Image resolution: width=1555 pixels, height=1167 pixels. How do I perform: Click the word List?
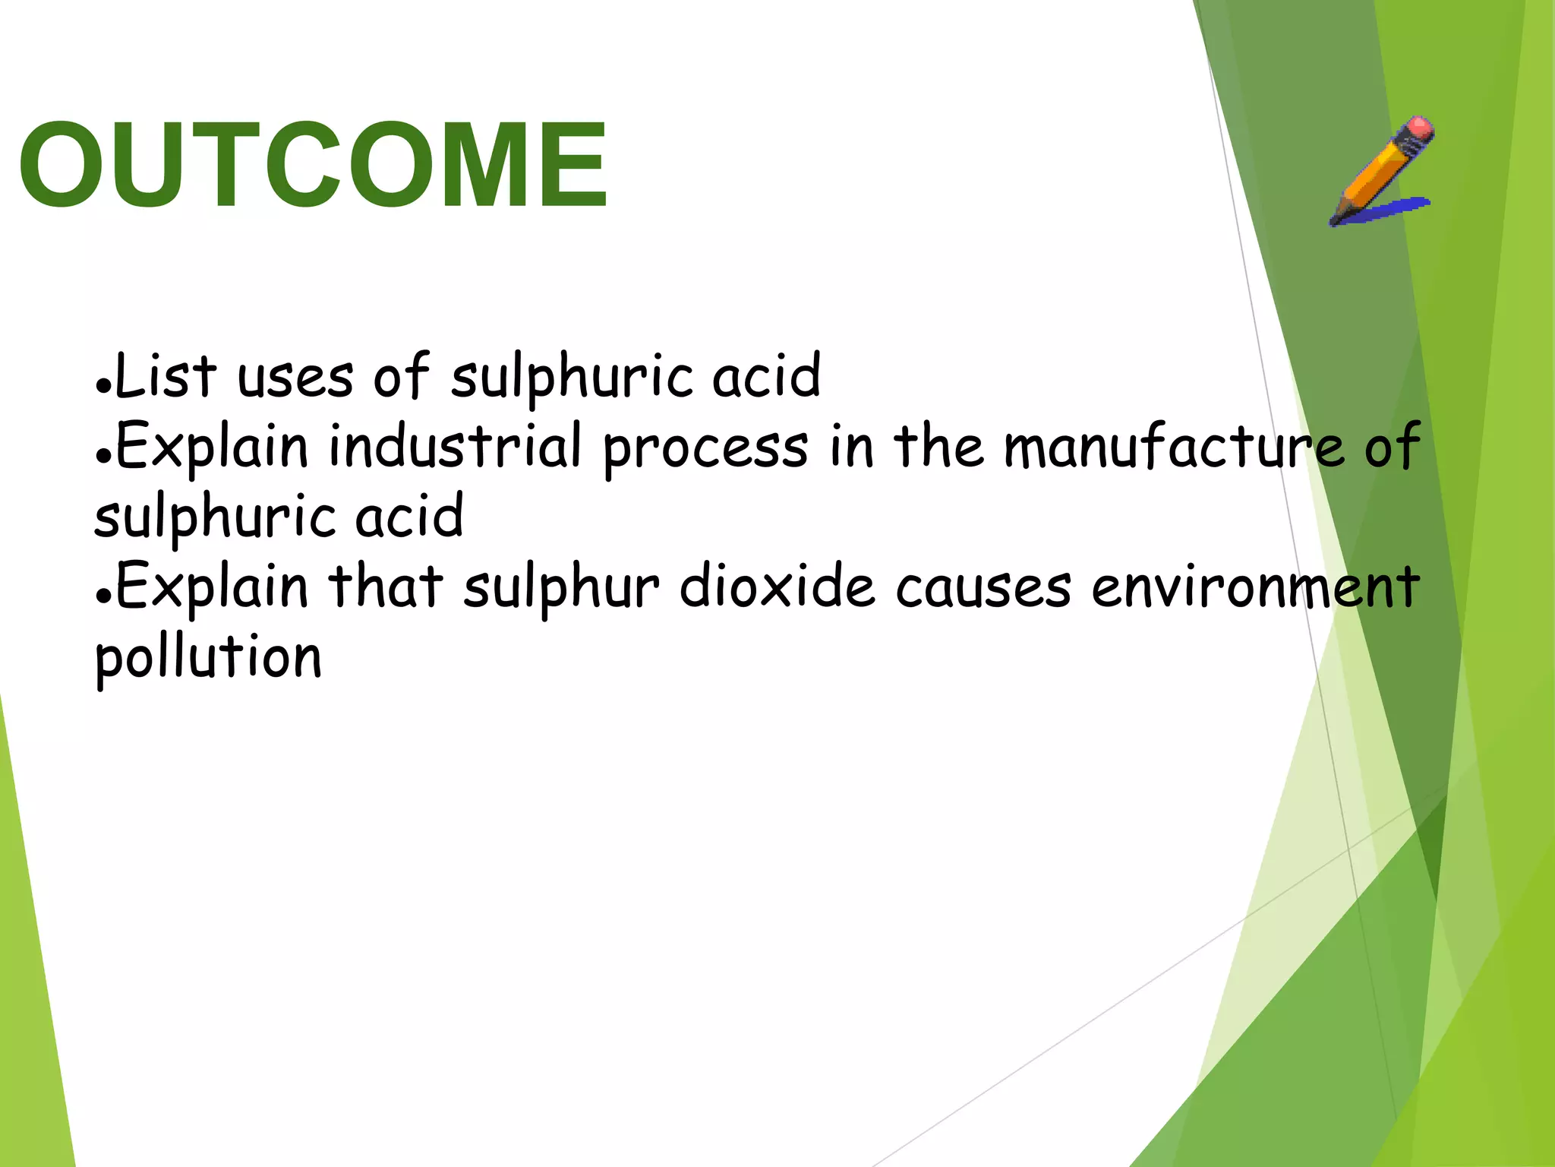click(166, 375)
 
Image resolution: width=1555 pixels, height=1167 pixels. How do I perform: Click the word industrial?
click(455, 446)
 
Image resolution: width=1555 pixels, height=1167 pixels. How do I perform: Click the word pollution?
click(208, 658)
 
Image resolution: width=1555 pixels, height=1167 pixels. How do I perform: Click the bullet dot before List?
click(103, 384)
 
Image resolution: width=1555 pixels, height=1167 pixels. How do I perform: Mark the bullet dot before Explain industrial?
click(103, 454)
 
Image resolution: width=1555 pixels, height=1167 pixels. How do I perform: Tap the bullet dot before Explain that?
click(103, 594)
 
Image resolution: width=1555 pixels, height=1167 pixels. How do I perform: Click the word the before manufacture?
click(938, 446)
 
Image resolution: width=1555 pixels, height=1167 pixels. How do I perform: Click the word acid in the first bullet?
click(766, 376)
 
